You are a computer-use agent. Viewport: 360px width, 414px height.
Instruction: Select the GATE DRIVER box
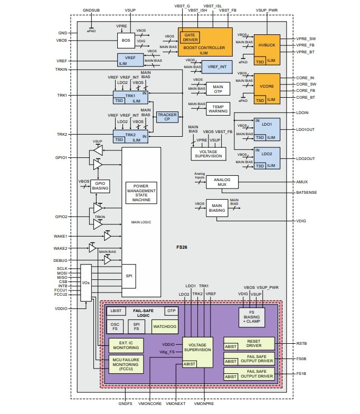[190, 36]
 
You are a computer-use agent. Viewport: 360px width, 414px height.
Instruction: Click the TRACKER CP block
[167, 117]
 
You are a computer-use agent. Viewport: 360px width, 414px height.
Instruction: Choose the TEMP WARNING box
[217, 108]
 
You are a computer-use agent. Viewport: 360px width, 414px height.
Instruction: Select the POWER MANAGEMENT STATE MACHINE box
[141, 193]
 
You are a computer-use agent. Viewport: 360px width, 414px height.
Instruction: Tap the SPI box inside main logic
[128, 276]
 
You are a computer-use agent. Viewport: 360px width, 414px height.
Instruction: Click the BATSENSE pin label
[306, 193]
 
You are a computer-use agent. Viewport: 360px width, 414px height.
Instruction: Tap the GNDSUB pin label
[91, 11]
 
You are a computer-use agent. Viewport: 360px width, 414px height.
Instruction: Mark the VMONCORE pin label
[150, 403]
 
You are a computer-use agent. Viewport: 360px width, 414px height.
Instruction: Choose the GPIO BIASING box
[100, 185]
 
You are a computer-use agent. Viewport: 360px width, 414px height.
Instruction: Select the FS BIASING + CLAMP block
[252, 317]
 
